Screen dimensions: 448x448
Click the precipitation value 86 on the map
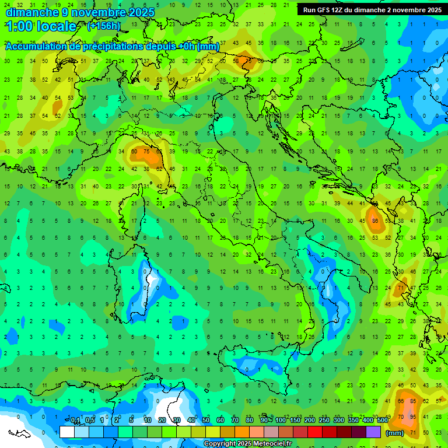point(376,221)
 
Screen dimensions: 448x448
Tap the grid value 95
point(414,416)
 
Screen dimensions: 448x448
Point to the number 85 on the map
point(414,401)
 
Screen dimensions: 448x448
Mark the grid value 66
point(401,401)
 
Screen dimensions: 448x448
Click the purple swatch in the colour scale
point(373,432)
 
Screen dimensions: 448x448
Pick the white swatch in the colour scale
point(67,432)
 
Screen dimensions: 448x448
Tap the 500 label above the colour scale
point(383,421)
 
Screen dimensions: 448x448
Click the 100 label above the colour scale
point(281,421)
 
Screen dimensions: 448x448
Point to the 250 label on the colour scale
point(324,421)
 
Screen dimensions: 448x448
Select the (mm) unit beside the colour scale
point(395,433)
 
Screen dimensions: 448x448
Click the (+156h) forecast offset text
point(104,26)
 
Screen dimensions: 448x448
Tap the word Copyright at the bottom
point(219,444)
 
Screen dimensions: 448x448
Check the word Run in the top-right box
point(309,10)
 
